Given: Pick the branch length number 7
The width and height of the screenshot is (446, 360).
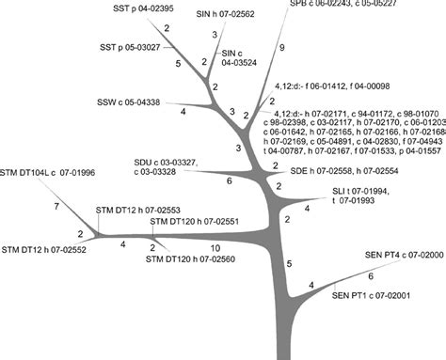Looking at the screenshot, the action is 56,204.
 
